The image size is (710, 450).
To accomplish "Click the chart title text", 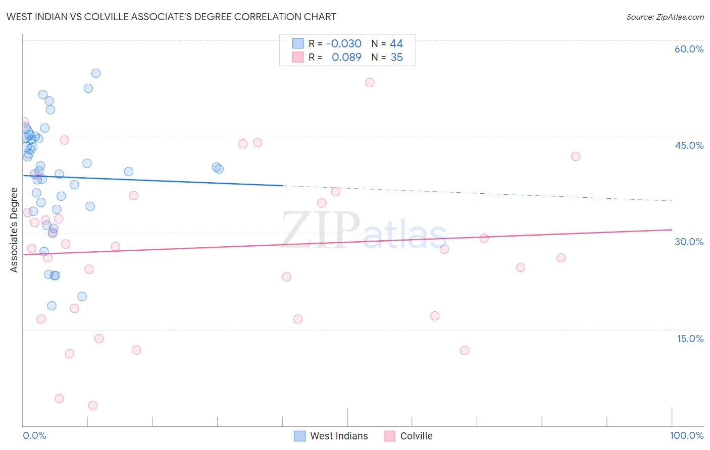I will coord(171,17).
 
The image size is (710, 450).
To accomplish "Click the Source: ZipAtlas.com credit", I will coord(665,17).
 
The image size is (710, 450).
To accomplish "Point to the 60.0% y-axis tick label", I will coord(689,49).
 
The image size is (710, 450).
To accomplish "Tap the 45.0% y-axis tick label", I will coord(689,145).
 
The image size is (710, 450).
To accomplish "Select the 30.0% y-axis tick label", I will coord(689,242).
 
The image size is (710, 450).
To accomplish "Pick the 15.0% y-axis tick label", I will coord(690,339).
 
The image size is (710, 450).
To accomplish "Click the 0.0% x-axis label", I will coord(34,435).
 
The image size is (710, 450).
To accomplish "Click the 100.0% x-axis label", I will coord(686,435).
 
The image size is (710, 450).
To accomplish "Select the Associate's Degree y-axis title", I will coord(14,230).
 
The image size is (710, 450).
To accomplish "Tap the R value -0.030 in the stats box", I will coord(344,44).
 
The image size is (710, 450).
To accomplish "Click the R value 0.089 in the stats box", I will coord(346,58).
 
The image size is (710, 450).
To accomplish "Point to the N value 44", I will coord(396,44).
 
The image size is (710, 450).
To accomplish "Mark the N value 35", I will coord(397,58).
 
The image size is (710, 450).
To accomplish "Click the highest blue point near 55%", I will coord(96,73).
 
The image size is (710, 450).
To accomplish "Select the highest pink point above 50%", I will coord(370,83).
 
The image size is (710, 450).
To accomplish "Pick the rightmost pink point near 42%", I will coord(576,156).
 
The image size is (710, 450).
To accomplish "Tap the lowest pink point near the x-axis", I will coord(92,406).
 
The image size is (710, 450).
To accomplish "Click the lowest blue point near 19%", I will coord(52,306).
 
